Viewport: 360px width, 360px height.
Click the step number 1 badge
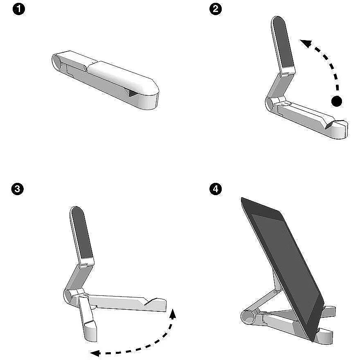click(x=18, y=9)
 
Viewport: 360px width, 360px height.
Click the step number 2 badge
click(x=216, y=9)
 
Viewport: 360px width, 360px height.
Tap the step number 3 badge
click(x=18, y=189)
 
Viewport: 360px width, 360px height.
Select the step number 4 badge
click(x=216, y=189)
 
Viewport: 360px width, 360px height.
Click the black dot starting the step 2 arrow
click(x=337, y=101)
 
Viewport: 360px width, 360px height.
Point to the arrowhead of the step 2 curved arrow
click(x=306, y=43)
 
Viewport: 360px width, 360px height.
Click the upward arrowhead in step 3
click(x=173, y=314)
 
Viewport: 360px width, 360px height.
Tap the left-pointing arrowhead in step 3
click(x=95, y=353)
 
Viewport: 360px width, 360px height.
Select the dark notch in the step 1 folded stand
click(x=133, y=93)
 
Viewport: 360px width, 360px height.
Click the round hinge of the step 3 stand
click(x=68, y=296)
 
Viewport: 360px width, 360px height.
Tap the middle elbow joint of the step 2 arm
click(x=280, y=75)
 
